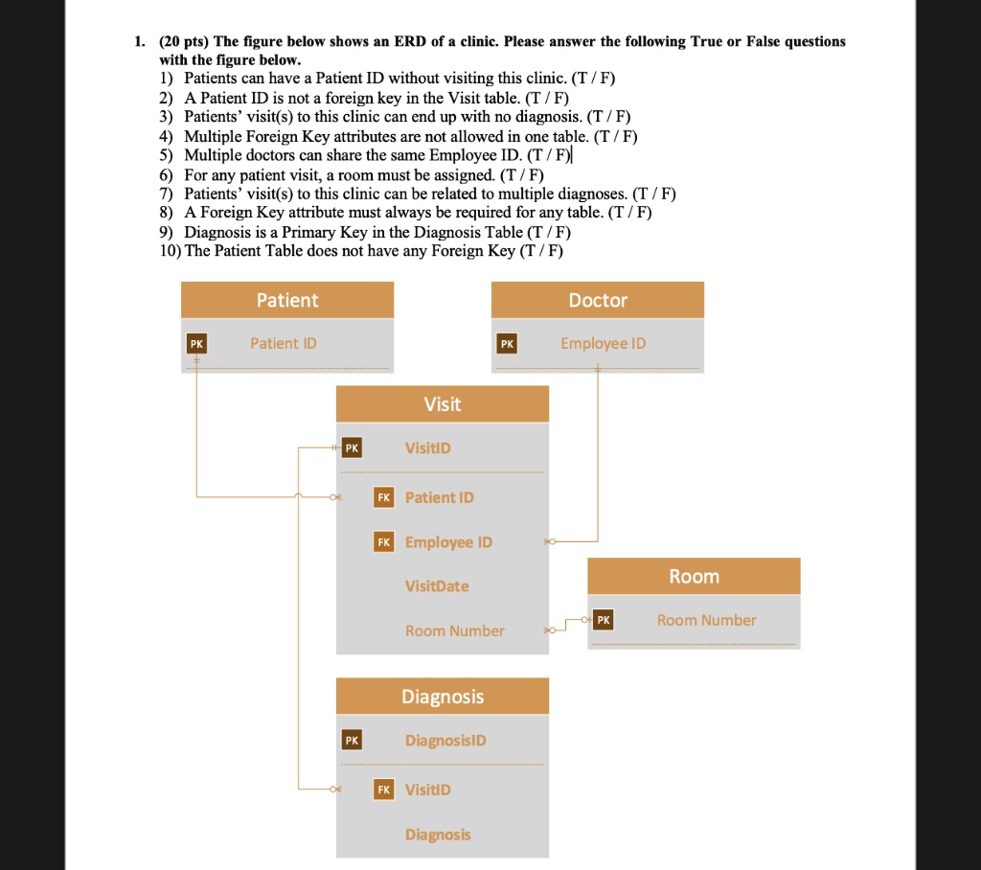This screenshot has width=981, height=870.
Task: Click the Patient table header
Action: click(x=287, y=300)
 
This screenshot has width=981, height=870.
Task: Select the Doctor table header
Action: click(x=598, y=300)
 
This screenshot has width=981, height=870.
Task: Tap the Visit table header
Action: click(x=443, y=403)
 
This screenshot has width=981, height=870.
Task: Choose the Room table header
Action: click(x=694, y=576)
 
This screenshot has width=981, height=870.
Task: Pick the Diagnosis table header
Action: click(x=443, y=697)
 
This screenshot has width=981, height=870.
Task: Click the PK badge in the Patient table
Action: click(x=196, y=343)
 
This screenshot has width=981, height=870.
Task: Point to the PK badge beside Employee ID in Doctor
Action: click(x=507, y=343)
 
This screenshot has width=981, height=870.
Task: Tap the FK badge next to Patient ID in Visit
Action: click(x=383, y=497)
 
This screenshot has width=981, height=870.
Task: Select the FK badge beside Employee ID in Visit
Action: click(x=383, y=542)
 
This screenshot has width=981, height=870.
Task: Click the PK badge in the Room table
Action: click(x=603, y=620)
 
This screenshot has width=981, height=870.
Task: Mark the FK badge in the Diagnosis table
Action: click(x=383, y=790)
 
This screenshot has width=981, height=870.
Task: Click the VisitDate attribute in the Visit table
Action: click(x=437, y=586)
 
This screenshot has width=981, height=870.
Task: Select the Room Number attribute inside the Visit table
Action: click(x=454, y=630)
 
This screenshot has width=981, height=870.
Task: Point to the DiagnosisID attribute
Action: click(x=445, y=741)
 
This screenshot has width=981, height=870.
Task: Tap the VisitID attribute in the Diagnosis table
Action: click(x=427, y=790)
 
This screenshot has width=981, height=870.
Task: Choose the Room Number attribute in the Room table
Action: click(x=706, y=620)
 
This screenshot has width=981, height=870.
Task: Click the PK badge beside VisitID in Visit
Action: click(x=352, y=447)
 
